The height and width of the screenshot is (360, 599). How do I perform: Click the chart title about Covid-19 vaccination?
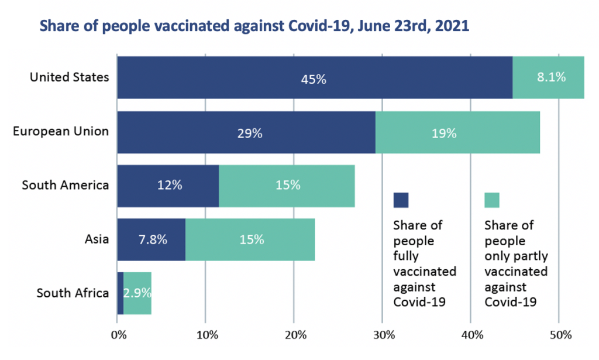[254, 28]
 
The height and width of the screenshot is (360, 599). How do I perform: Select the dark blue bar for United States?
[315, 78]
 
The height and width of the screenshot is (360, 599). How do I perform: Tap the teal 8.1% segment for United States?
[548, 78]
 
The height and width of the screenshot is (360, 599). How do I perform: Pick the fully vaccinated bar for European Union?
[246, 132]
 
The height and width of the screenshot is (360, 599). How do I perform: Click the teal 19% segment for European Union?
[457, 132]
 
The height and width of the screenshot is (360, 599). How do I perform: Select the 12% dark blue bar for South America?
[168, 186]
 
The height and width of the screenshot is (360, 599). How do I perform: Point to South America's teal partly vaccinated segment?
[287, 186]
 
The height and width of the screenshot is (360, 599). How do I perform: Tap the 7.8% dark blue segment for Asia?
[151, 239]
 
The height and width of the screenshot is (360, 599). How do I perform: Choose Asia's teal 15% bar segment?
[250, 239]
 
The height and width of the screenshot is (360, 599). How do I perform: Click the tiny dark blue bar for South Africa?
[120, 293]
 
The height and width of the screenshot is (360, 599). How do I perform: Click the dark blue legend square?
[401, 200]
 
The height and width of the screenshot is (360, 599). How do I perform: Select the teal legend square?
[492, 200]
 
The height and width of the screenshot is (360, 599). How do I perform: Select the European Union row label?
[61, 131]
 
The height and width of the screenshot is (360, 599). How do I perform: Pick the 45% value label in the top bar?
[315, 79]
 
